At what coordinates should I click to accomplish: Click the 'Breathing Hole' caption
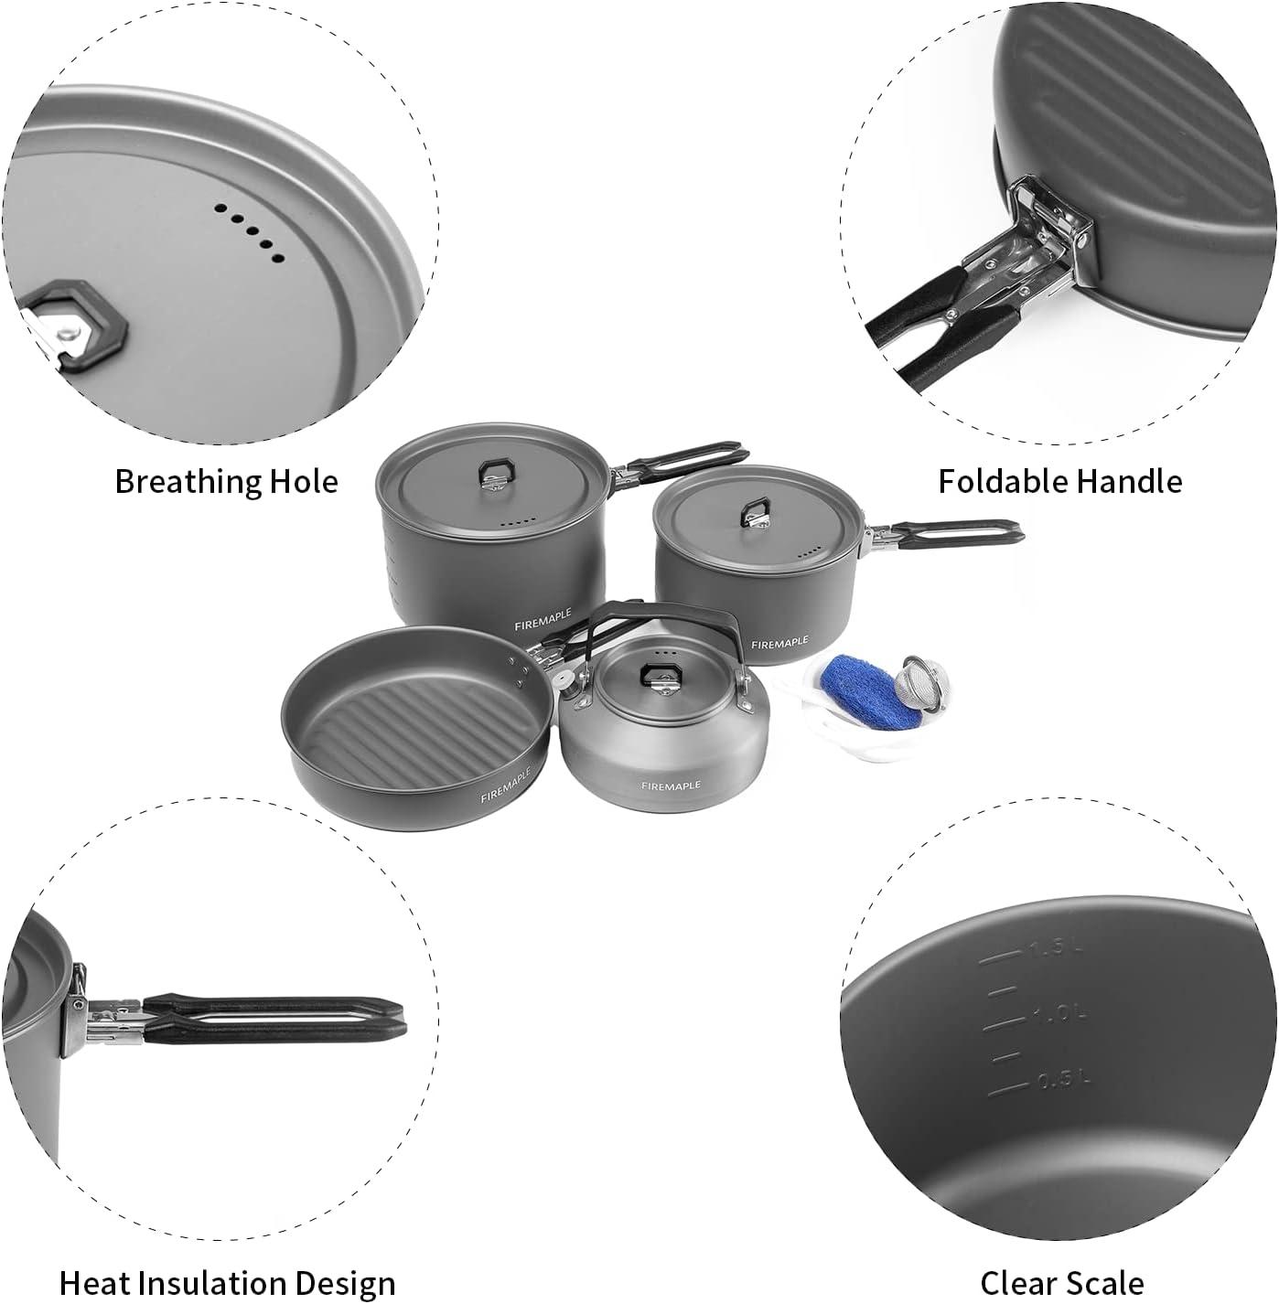coord(226,482)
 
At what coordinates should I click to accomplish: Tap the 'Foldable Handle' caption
coord(1059,482)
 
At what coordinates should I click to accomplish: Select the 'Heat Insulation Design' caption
coord(227,1283)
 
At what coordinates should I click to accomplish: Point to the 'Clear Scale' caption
coord(1061,1283)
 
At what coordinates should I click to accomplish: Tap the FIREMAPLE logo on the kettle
coord(671,786)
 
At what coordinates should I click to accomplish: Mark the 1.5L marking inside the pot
coord(1055,951)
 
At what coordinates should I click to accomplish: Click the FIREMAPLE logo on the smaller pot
coord(779,645)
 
